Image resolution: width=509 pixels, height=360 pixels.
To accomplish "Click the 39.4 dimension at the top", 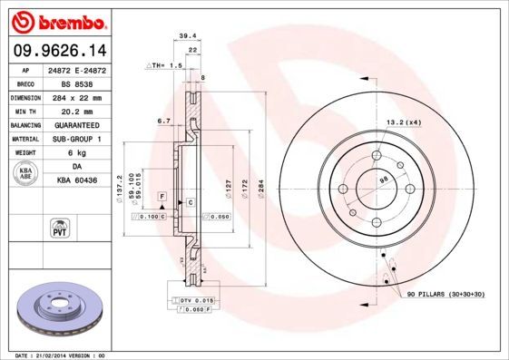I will [x=188, y=35].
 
